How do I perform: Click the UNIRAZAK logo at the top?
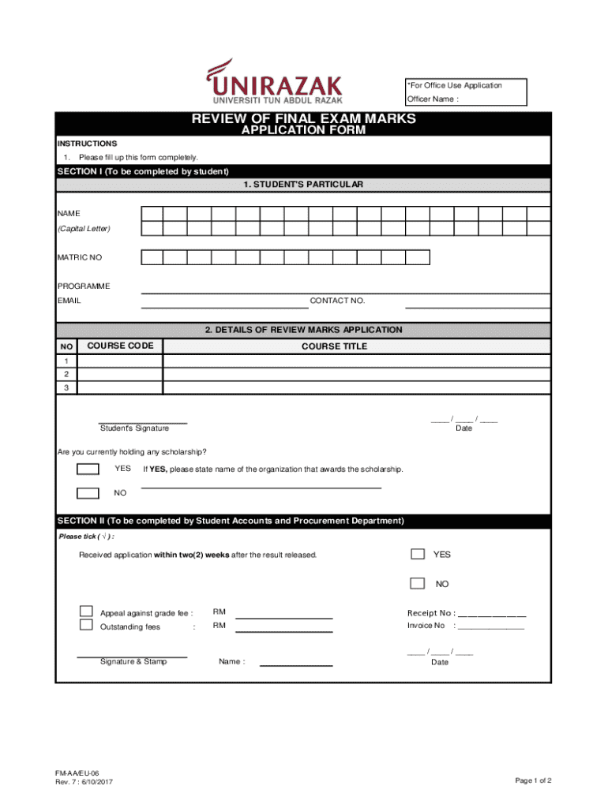point(275,82)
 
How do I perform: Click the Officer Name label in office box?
point(432,99)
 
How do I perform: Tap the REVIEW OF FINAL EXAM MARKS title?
point(303,120)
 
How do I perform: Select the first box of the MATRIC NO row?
point(152,257)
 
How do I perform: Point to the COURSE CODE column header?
point(120,346)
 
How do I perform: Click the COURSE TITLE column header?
point(334,346)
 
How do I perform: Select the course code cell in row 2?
point(120,374)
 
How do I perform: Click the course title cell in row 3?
point(356,387)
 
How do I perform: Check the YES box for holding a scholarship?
point(88,469)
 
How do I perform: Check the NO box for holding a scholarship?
point(88,494)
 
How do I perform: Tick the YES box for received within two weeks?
point(418,554)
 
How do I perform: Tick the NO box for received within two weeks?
point(418,583)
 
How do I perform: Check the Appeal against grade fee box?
point(86,611)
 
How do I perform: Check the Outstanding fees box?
point(86,625)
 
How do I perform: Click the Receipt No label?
point(430,613)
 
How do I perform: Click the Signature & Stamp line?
point(132,656)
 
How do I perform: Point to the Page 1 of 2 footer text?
point(533,780)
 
